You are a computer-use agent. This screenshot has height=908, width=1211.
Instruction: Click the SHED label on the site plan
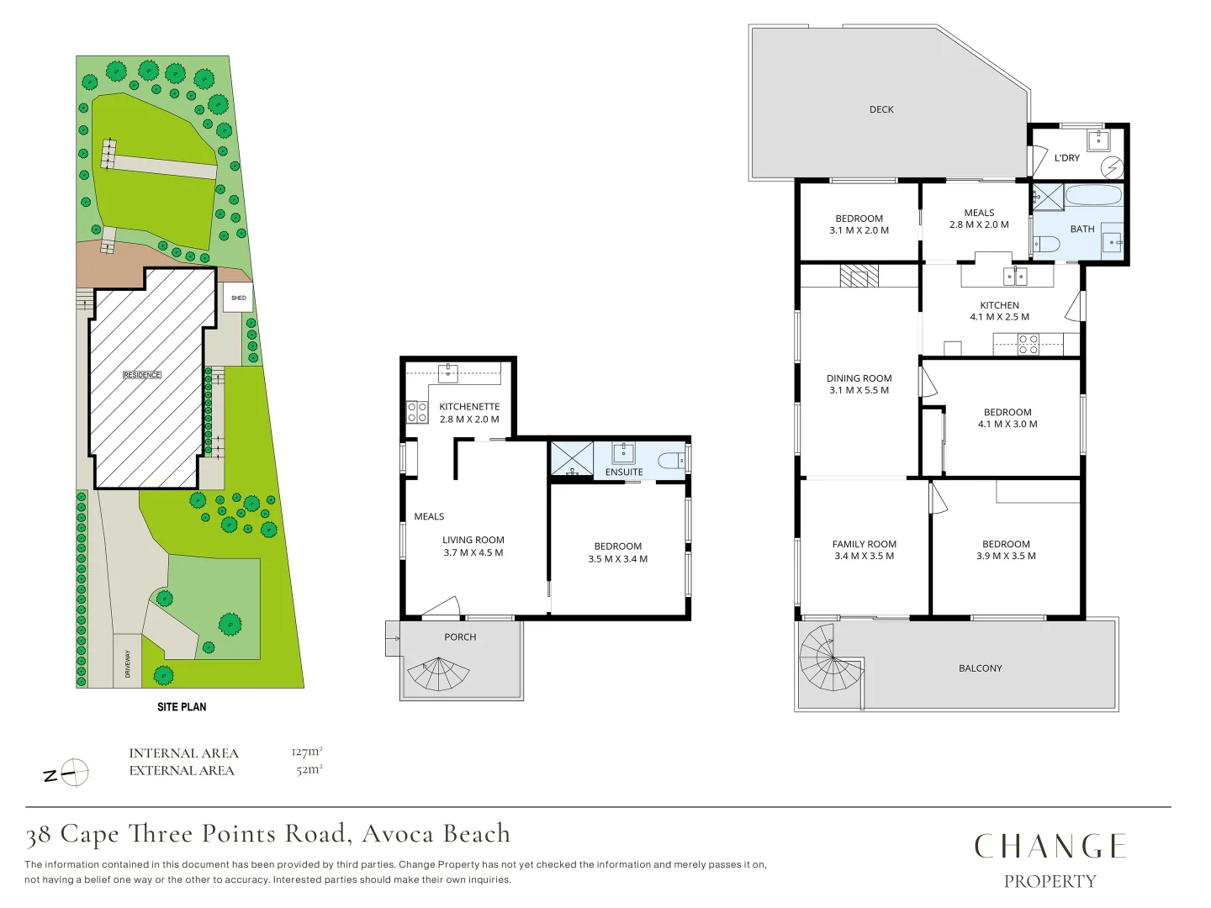pyautogui.click(x=238, y=298)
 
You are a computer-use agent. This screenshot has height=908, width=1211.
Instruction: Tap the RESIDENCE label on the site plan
pyautogui.click(x=142, y=375)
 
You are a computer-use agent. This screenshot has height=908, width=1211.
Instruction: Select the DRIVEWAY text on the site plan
pyautogui.click(x=128, y=664)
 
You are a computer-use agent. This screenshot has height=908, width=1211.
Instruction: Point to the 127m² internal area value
pyautogui.click(x=307, y=752)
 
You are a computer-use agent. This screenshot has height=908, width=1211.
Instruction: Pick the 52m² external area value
pyautogui.click(x=309, y=769)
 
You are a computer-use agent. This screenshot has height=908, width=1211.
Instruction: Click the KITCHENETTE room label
pyautogui.click(x=469, y=406)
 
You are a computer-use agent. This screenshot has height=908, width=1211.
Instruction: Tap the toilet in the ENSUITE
pyautogui.click(x=671, y=459)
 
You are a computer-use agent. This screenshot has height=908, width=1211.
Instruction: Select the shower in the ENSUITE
pyautogui.click(x=572, y=457)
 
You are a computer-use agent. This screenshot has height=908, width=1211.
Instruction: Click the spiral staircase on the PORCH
pyautogui.click(x=438, y=673)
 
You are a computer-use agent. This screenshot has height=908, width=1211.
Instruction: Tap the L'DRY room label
pyautogui.click(x=1066, y=158)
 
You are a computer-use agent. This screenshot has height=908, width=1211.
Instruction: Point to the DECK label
pyautogui.click(x=881, y=109)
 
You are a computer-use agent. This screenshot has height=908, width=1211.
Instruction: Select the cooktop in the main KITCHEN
pyautogui.click(x=1029, y=344)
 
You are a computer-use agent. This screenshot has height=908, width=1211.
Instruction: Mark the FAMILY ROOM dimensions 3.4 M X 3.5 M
pyautogui.click(x=864, y=556)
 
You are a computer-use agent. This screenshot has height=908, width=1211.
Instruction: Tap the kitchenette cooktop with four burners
pyautogui.click(x=417, y=412)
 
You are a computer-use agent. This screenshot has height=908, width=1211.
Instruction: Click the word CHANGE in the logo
pyautogui.click(x=1050, y=847)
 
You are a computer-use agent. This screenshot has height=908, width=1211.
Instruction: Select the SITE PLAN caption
pyautogui.click(x=182, y=707)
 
